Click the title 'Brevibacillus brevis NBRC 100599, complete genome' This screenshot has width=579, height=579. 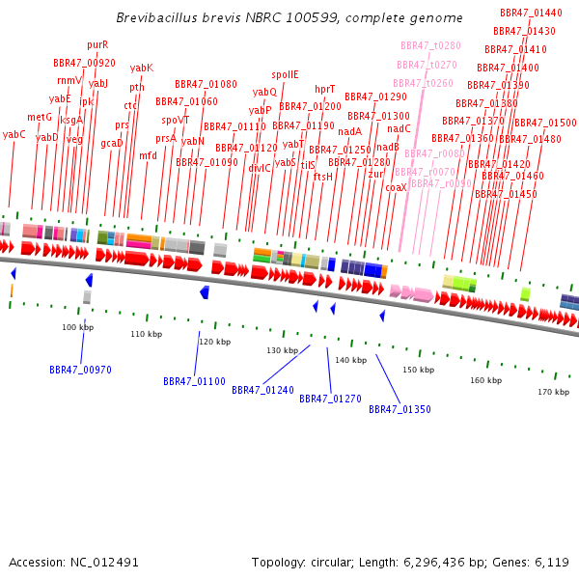click(x=289, y=18)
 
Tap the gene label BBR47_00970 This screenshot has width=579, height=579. click(x=80, y=370)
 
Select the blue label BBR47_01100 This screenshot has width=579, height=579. click(x=194, y=381)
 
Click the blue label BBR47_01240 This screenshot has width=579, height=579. click(x=262, y=390)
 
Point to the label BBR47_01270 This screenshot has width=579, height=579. click(x=330, y=399)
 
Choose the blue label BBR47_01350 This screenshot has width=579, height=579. click(x=400, y=409)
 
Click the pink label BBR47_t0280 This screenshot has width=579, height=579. click(x=430, y=45)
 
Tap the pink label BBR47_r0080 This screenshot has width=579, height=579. click(x=434, y=153)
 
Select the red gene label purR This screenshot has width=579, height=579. click(x=97, y=44)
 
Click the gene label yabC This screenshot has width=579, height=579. click(x=14, y=134)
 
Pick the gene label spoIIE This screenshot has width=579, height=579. click(x=285, y=74)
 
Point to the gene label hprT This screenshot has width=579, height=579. click(x=325, y=89)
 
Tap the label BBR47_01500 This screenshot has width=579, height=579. click(x=545, y=123)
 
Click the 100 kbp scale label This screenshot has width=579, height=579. click(x=77, y=328)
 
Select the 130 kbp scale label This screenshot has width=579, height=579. click(x=282, y=350)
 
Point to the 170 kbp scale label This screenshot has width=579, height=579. click(x=553, y=392)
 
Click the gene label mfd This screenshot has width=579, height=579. click(x=148, y=155)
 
